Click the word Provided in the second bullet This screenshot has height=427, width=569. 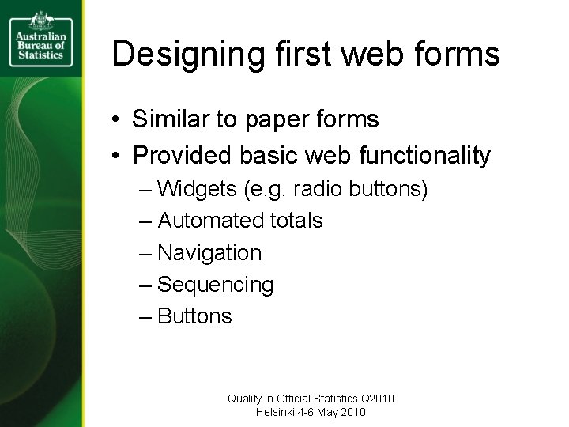point(180,156)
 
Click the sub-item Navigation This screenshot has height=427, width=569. point(209,253)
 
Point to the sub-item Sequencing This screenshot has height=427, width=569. point(216,285)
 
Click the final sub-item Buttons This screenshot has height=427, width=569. point(195,316)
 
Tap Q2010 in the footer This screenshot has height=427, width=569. point(376,399)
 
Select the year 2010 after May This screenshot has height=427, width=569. point(352,412)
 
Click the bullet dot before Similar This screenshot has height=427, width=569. point(115,120)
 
